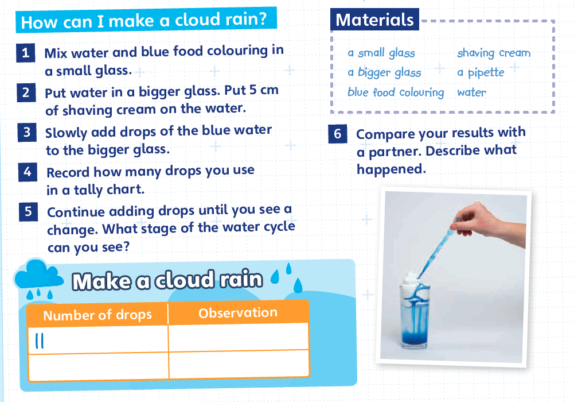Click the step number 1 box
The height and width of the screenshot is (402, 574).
coord(26,53)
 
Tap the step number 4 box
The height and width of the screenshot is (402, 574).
coord(28,172)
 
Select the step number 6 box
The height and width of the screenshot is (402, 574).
coord(338,134)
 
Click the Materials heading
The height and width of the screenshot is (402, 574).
coord(374,20)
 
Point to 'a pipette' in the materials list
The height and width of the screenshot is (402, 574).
coord(481,72)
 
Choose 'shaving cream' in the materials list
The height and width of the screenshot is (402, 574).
coord(494,53)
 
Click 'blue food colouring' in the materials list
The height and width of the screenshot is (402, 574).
coord(396,92)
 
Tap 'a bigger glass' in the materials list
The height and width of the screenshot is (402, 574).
coord(384,72)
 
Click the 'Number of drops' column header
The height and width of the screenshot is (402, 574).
coord(97,315)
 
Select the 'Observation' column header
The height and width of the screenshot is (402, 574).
coord(238,312)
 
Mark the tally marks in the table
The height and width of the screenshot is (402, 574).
coord(40,341)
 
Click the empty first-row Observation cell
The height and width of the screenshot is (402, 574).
coord(239,337)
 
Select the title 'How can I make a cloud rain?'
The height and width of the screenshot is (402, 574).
coord(146,21)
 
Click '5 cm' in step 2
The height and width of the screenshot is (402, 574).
coord(264,90)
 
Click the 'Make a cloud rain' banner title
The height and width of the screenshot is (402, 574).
coord(167,280)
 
